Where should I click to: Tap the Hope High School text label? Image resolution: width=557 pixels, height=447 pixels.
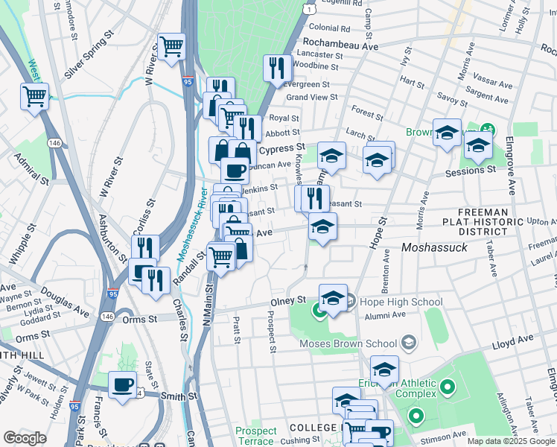coord(401,302)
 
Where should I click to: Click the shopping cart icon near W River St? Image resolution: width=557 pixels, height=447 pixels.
coord(171,47)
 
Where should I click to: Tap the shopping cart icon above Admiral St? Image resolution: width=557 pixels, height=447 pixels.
coord(35,96)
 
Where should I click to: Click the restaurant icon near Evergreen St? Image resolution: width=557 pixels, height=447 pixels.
coord(277,68)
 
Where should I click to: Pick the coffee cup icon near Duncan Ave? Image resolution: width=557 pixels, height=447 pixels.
coord(235,171)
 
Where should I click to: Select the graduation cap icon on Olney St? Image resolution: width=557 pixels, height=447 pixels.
coord(333,297)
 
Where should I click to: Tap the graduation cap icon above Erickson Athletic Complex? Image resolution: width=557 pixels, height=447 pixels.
coord(384,369)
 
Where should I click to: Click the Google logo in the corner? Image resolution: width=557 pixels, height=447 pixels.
coord(25,438)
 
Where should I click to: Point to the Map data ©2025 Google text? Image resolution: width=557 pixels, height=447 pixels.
coord(511,441)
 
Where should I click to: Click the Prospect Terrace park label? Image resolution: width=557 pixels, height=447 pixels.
coord(256,436)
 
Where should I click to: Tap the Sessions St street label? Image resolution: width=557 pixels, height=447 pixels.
coord(470,171)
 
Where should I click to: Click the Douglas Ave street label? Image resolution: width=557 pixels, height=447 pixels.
coord(66,300)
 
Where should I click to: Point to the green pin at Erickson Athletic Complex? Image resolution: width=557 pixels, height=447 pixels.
coord(447,387)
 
